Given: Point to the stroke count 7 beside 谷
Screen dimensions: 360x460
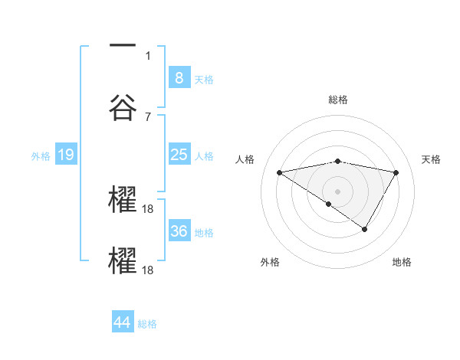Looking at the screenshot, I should pos(148,117).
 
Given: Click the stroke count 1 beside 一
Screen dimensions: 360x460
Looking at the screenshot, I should pos(148,55).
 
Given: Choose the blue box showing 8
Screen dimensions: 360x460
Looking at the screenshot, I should pos(179,77).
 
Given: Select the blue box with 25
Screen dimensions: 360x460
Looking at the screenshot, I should pos(179,155).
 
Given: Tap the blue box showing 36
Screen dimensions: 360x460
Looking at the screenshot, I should pos(179,231).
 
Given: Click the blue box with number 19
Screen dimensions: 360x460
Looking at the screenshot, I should pos(66,155).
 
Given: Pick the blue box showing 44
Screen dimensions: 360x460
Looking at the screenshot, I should pos(123,322).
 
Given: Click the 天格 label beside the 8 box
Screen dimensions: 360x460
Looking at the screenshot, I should pos(204,80).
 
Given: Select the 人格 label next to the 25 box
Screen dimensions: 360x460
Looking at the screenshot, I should pos(204,156).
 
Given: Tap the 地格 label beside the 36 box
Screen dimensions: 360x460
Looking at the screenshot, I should pos(204,233).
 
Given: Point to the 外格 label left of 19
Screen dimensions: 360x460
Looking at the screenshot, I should pos(41,156).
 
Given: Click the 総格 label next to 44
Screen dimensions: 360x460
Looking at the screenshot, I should pos(147,324).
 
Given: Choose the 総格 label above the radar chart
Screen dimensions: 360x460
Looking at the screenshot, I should pos(338,100).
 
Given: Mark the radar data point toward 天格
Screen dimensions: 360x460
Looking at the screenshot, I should pos(396,173).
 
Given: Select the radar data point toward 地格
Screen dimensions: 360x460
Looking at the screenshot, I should pos(365,229).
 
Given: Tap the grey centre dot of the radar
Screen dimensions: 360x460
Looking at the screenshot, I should pos(338,191).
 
